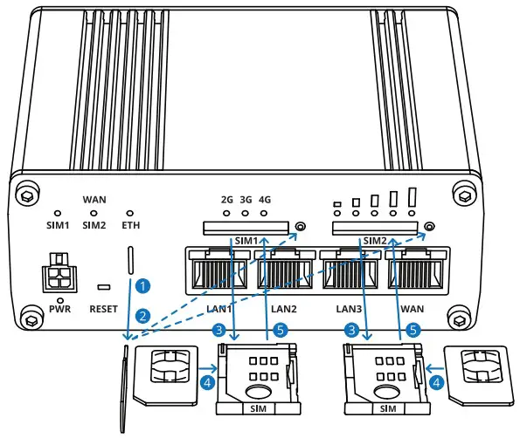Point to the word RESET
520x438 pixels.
coord(105,309)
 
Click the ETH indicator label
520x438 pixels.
coord(131,224)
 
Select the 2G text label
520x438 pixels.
coord(226,200)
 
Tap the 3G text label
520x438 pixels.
coord(246,200)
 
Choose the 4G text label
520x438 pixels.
coord(265,200)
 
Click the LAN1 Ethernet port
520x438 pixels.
coord(216,270)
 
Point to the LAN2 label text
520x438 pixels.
coord(284,309)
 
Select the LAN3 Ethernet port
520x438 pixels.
coord(350,270)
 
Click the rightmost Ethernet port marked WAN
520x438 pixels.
coord(416,270)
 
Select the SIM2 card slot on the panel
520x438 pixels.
coord(374,228)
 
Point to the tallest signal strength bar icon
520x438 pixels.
coord(413,196)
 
